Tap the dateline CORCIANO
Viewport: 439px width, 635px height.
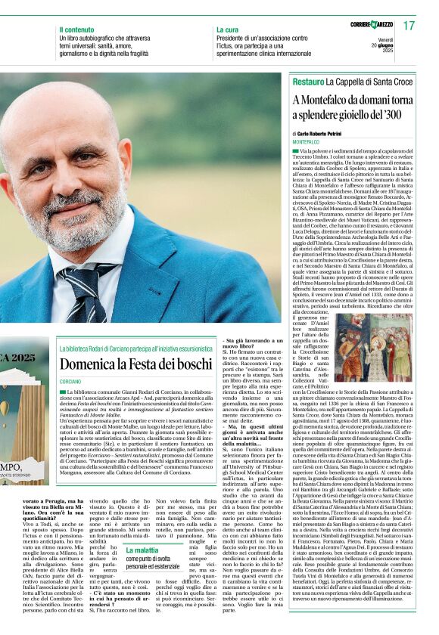pyautogui.click(x=70, y=381)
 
